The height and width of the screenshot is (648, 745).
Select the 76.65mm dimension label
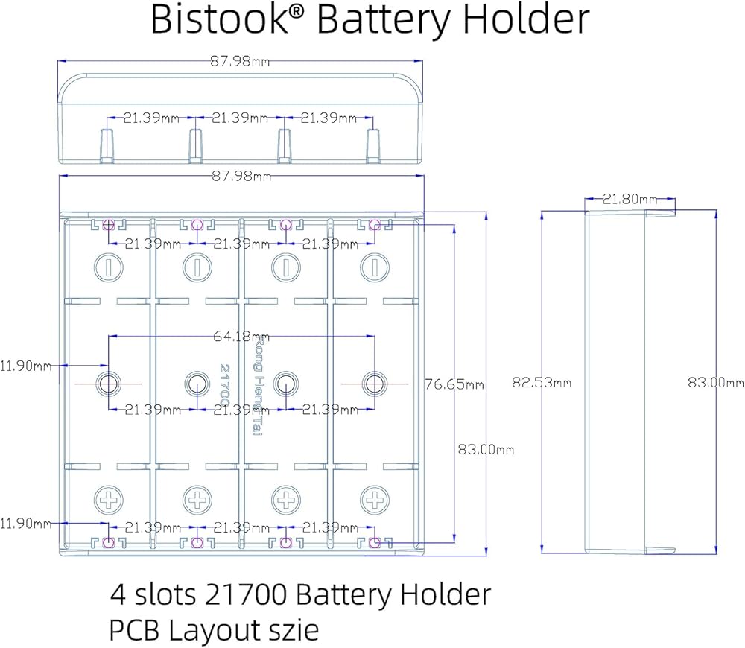click(454, 384)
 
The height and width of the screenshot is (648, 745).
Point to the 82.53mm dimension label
click(542, 383)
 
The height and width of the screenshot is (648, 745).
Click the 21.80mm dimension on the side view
click(630, 199)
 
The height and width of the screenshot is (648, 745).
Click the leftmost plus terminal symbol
click(109, 498)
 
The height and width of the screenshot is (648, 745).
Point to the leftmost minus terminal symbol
click(109, 266)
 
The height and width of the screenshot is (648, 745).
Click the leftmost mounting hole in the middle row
click(109, 384)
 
